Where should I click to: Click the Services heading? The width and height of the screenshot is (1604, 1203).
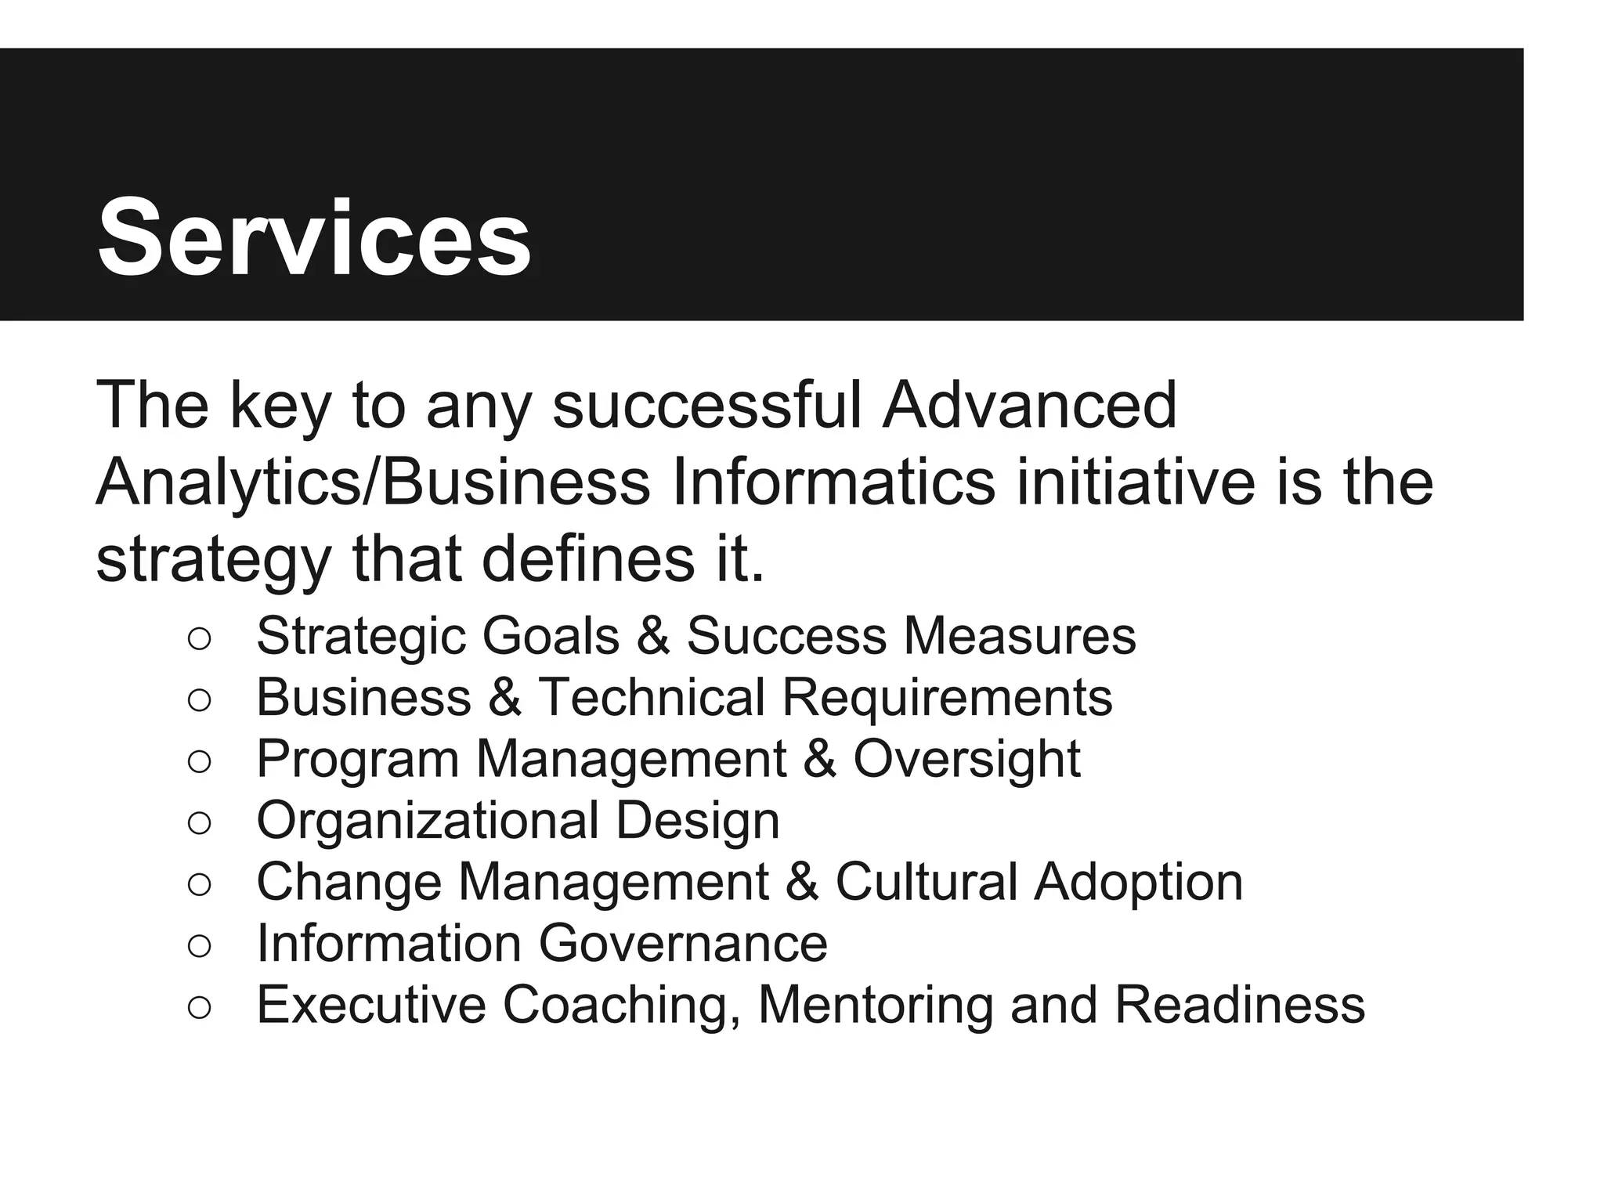click(314, 237)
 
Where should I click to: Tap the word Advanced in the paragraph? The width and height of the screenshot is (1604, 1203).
click(1029, 405)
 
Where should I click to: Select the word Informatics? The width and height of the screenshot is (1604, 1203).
click(833, 482)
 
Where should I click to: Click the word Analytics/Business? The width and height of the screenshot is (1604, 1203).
click(373, 482)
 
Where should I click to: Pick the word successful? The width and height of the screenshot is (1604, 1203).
click(707, 405)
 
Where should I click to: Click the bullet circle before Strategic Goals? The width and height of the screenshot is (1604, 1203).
click(200, 638)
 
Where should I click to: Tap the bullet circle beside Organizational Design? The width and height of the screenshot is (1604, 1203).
click(200, 822)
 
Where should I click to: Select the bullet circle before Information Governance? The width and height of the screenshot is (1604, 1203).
click(200, 945)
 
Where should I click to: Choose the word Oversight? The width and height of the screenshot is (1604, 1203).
click(967, 759)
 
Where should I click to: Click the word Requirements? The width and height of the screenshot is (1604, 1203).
click(947, 697)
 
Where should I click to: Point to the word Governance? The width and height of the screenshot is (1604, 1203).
click(683, 944)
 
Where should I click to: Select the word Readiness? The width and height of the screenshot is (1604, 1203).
click(1240, 1005)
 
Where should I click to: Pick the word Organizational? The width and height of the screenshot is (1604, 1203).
click(428, 821)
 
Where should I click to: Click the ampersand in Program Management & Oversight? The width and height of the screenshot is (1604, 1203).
click(819, 759)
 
